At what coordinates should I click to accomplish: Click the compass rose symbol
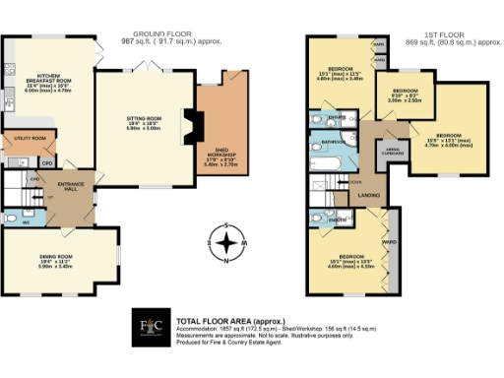coord(227,241)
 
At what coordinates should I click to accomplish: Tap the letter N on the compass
coord(227,262)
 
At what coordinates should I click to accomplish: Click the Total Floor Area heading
coord(219,321)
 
